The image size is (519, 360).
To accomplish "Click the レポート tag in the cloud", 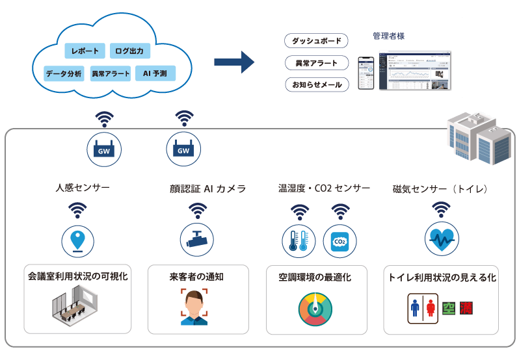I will tap(85, 51).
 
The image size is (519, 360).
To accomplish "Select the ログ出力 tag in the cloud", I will tap(130, 51).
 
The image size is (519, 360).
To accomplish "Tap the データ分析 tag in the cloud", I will tap(64, 73).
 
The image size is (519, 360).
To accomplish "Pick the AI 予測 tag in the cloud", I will tap(155, 73).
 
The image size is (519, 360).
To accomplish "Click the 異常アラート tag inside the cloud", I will tap(111, 73).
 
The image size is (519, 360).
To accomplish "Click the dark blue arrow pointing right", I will tap(233, 62).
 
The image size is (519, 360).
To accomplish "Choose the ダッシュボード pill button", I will tap(317, 42).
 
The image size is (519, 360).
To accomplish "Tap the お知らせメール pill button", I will tap(317, 85).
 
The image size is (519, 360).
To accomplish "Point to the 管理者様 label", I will tap(388, 36).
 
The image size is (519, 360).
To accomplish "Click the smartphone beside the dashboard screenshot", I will tap(366, 71).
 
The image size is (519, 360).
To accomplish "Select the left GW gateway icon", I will tap(104, 149).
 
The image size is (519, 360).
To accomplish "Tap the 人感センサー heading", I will tap(83, 188).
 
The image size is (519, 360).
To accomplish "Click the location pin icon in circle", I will tap(78, 240).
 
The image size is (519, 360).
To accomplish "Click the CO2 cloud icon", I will tap(339, 241).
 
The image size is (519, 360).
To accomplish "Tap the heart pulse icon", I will tap(442, 239).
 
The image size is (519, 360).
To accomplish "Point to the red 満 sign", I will tap(465, 307).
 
